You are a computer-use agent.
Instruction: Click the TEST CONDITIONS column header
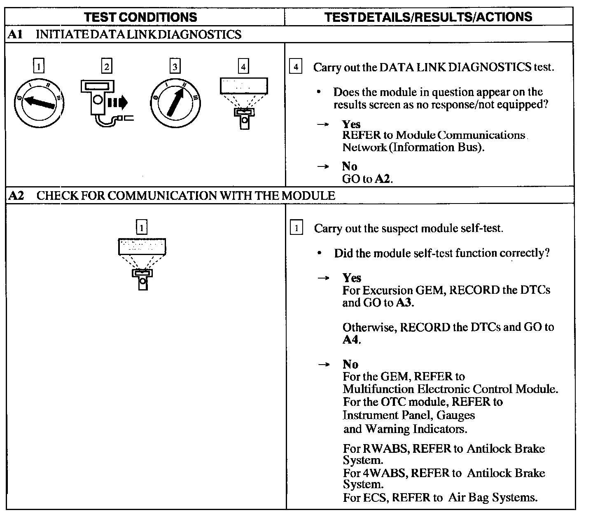140,17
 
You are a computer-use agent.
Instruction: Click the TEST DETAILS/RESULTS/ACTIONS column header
428,17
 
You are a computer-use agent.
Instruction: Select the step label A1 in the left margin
15,34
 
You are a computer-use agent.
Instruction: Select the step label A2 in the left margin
16,195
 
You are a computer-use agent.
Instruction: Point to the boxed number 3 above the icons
175,66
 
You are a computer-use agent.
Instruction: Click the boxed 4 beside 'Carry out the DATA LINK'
296,67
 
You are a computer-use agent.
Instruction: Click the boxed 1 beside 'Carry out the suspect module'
296,228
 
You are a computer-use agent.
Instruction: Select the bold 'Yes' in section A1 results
351,124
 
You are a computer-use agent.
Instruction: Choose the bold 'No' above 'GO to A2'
349,166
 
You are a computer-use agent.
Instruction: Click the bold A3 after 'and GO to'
404,303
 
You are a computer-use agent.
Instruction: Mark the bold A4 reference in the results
351,340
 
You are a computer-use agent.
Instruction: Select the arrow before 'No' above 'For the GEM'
324,365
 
